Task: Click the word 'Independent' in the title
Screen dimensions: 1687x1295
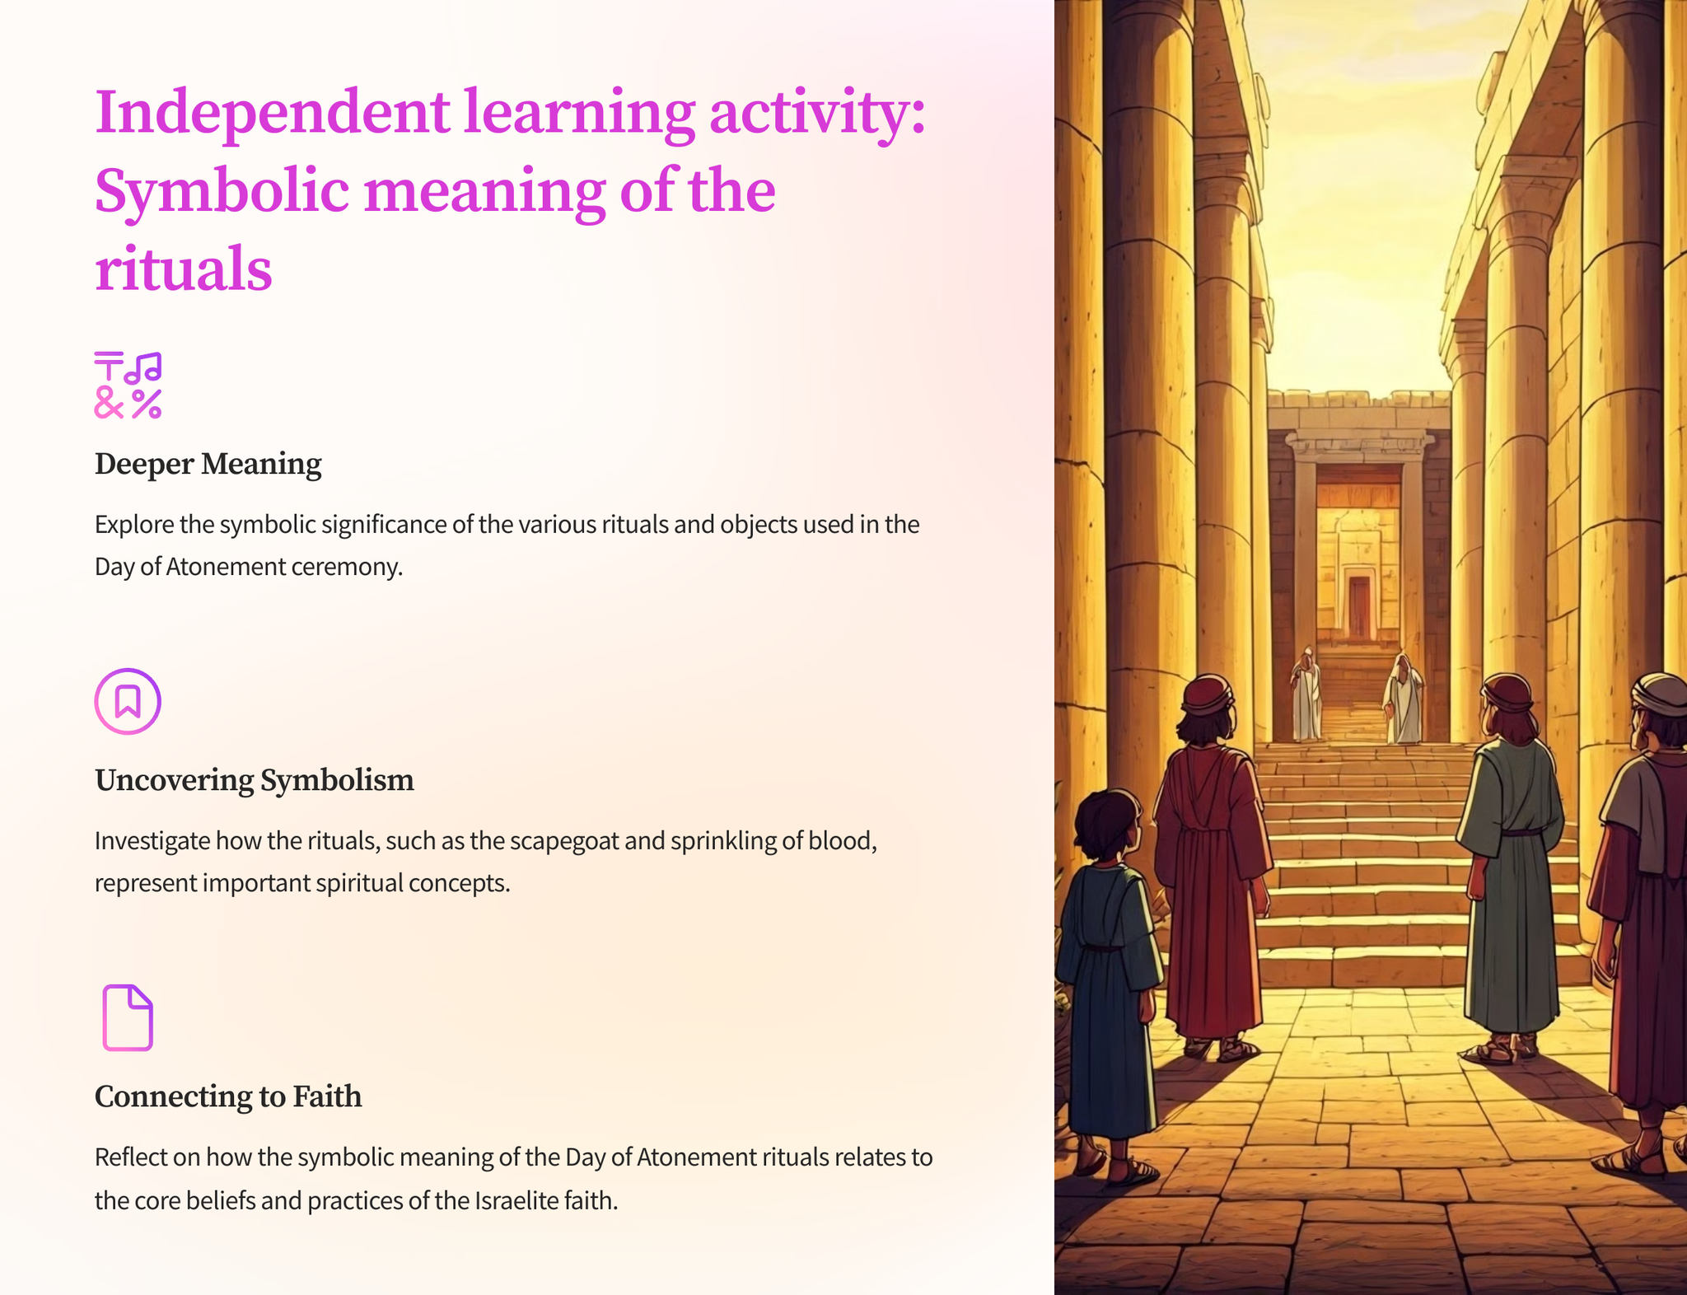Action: tap(273, 114)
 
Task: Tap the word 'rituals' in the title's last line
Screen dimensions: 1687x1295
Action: tap(183, 269)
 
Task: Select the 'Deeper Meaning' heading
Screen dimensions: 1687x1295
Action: tap(208, 464)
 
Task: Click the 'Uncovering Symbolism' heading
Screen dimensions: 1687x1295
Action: tap(254, 779)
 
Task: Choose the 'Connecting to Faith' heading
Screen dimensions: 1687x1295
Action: tap(228, 1096)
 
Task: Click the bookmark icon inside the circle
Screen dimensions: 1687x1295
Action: tap(128, 701)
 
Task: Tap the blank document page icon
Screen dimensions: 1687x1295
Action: tap(128, 1017)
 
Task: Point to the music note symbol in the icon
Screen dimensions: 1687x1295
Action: tap(143, 367)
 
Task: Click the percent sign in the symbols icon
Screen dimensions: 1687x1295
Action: tap(147, 404)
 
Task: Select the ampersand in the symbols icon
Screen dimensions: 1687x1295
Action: tap(109, 403)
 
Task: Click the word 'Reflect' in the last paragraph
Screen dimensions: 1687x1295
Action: tap(130, 1157)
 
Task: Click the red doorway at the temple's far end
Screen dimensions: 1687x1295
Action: tap(1359, 607)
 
